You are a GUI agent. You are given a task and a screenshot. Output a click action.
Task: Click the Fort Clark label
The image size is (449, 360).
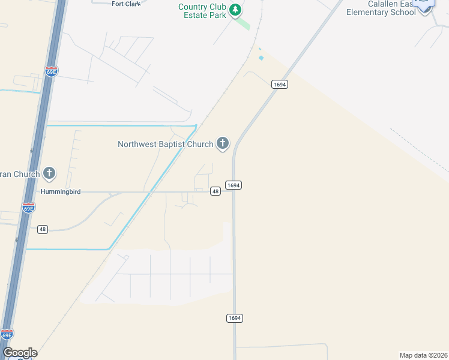click(x=126, y=4)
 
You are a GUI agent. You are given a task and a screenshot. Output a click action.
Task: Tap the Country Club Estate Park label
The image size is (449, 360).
click(x=203, y=11)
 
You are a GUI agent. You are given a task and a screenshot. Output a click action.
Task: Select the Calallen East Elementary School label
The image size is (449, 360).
click(x=383, y=8)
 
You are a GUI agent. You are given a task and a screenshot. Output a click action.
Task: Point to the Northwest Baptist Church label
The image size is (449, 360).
click(x=165, y=144)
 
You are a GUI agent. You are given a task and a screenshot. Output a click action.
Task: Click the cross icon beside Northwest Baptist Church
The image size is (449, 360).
click(x=223, y=143)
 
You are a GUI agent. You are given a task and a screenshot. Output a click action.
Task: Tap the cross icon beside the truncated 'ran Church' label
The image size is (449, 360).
click(x=49, y=174)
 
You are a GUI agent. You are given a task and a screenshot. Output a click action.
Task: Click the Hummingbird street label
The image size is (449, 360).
click(x=60, y=192)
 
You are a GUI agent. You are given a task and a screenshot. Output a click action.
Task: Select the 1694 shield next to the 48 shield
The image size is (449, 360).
click(x=234, y=185)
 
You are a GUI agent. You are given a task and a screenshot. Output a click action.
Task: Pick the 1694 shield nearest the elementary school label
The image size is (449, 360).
click(x=279, y=85)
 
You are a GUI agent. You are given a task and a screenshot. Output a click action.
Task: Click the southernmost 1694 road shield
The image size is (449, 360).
click(x=235, y=318)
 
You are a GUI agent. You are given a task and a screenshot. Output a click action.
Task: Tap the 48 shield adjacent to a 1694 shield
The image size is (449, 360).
click(x=215, y=191)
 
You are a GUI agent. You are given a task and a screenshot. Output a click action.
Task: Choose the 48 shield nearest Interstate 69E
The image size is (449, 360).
click(x=42, y=229)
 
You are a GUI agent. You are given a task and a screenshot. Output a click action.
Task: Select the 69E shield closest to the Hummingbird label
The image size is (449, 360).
click(x=28, y=208)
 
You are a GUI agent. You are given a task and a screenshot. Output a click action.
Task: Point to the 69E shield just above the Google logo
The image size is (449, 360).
click(x=7, y=334)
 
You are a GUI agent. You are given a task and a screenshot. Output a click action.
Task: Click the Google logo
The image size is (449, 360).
click(x=20, y=353)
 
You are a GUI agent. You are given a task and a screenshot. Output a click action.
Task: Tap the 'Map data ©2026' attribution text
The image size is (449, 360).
click(x=423, y=355)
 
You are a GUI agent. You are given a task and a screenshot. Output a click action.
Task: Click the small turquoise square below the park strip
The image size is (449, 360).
click(x=261, y=58)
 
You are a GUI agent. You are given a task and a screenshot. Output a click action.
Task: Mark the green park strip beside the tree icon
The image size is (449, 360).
click(x=243, y=24)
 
